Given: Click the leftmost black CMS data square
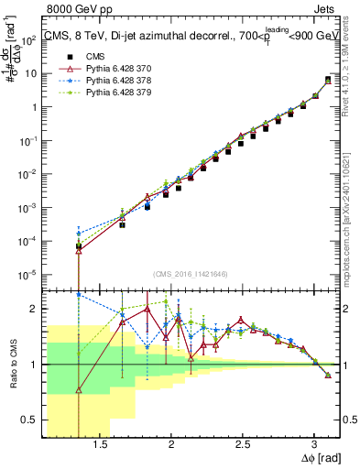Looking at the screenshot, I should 79,246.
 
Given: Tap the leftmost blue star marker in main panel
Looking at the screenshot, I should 79,234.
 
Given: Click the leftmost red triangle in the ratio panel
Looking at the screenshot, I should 79,390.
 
